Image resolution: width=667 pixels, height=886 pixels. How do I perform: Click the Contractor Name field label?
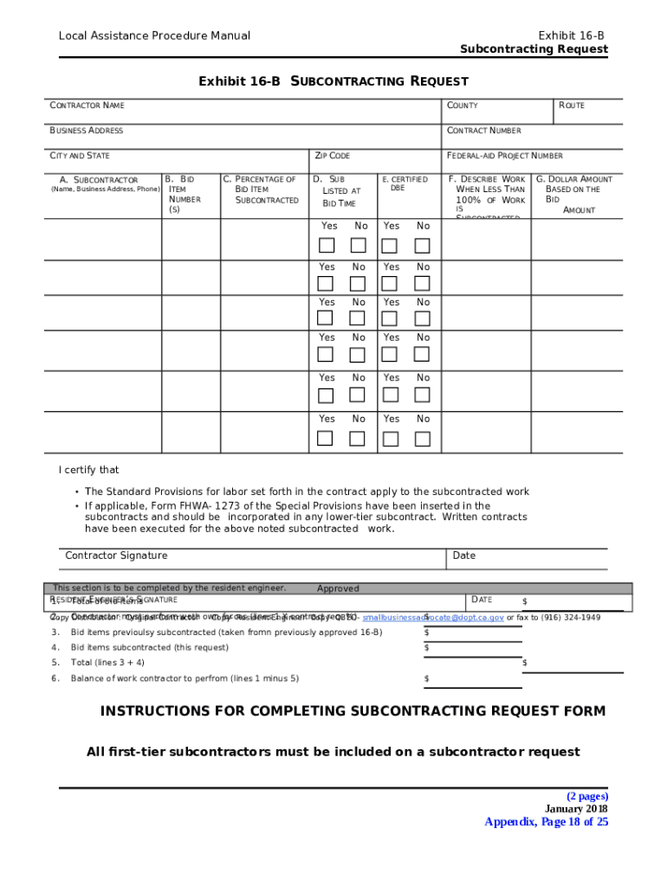point(87,106)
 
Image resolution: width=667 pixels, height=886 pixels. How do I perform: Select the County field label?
point(462,106)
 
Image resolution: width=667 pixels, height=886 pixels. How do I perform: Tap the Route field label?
point(571,106)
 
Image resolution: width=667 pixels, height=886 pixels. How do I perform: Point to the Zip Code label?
point(333,156)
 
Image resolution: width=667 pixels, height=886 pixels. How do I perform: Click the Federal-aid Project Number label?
point(504,156)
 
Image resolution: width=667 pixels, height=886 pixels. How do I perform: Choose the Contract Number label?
point(483,131)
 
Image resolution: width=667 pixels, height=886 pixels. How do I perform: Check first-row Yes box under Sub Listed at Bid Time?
point(327,245)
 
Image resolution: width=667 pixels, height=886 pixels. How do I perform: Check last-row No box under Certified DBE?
point(421,438)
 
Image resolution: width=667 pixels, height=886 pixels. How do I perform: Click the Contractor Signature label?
point(116,555)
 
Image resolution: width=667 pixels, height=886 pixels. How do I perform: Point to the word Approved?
point(338,588)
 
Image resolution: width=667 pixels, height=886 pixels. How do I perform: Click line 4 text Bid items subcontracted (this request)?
point(150,647)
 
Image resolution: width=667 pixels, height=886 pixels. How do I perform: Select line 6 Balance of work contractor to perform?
point(185,678)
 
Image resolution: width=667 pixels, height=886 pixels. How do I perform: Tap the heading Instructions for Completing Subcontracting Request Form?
point(353,711)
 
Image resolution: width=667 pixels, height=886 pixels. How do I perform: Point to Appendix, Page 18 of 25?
point(546,822)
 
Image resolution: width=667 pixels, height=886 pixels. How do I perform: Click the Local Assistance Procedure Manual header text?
point(154,35)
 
